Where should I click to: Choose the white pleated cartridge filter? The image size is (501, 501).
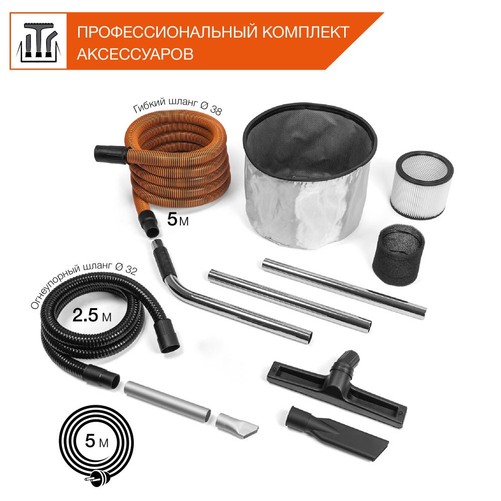(421, 185)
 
